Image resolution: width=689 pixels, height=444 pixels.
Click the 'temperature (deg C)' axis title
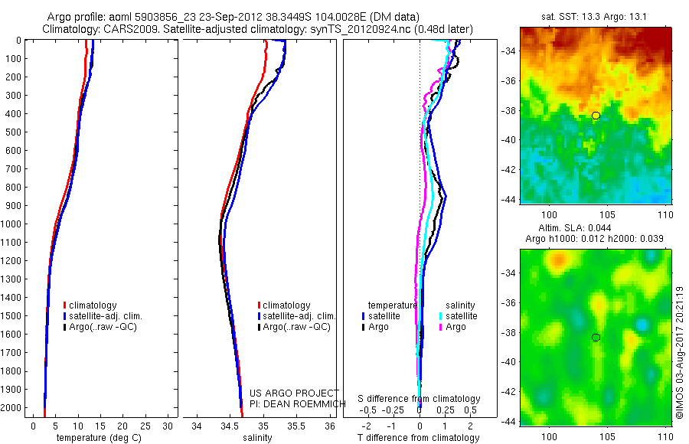(x=96, y=438)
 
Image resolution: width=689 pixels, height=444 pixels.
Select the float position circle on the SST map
(x=596, y=116)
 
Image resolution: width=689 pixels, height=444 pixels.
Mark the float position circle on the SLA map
(x=596, y=338)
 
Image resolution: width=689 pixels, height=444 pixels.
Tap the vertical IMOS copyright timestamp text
(x=679, y=353)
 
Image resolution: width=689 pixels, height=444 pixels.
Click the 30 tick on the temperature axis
(x=168, y=425)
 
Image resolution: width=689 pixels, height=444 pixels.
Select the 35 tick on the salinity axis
(x=263, y=425)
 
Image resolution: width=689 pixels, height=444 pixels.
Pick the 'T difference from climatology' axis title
(x=420, y=438)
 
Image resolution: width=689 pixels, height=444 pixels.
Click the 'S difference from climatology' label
(x=420, y=399)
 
